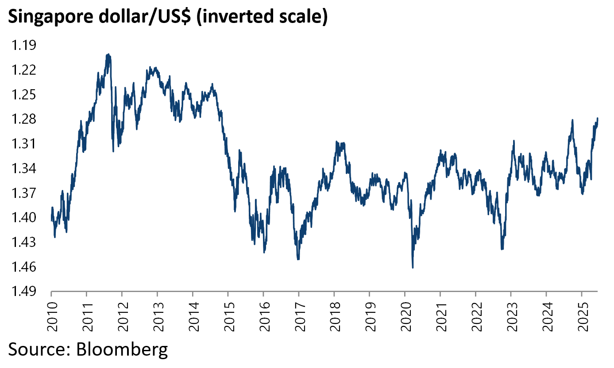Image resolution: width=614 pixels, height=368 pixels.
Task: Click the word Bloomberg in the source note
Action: [x=122, y=349]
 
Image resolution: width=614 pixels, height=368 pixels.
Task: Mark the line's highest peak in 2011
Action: [x=108, y=54]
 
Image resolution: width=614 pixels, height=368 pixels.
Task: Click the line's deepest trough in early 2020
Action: [x=413, y=267]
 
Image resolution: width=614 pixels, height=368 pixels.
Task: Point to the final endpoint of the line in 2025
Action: [x=598, y=118]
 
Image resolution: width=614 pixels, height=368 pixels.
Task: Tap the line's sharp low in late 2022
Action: [x=502, y=250]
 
